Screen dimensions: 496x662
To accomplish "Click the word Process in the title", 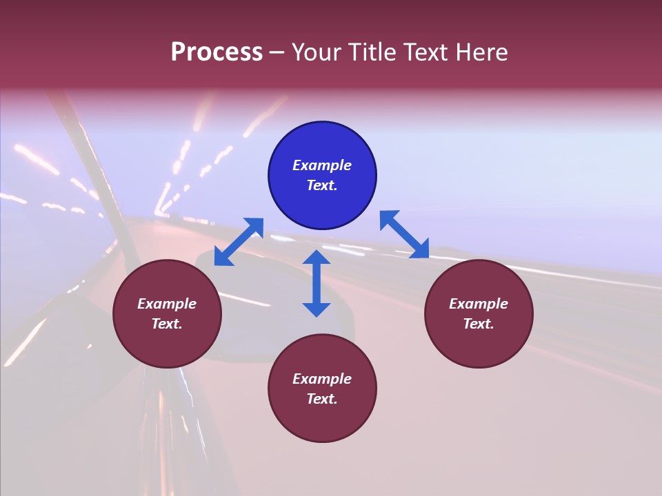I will (x=217, y=52).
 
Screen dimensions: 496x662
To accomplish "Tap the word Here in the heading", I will (x=480, y=52).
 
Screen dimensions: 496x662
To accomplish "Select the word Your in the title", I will (x=317, y=52).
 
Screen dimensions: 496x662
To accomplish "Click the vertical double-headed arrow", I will (x=317, y=283).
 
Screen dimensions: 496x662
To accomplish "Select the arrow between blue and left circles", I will (x=239, y=242).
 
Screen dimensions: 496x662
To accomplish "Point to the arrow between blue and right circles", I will (x=404, y=234).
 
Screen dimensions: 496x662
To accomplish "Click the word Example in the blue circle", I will (x=322, y=165).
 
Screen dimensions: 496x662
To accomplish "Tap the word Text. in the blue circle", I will (x=322, y=185).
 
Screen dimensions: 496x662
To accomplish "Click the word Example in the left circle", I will (x=167, y=304).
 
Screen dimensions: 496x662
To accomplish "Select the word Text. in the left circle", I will (x=167, y=324).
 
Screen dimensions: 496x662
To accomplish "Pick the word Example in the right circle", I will (x=479, y=304).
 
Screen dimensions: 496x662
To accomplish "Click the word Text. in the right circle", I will (x=479, y=324).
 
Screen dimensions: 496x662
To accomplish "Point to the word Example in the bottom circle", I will (x=322, y=379).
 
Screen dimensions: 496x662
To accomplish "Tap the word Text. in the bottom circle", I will (x=322, y=399).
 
